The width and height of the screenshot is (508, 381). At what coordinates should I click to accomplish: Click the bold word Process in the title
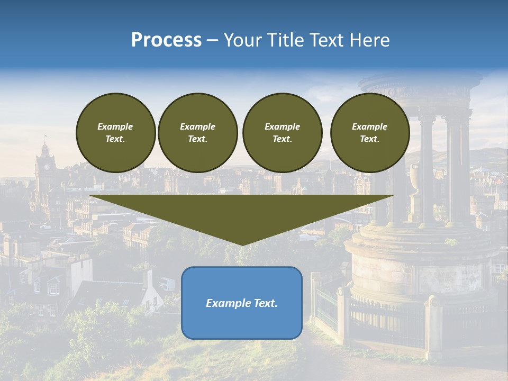(x=166, y=40)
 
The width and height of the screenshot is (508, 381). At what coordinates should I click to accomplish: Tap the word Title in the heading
(x=285, y=40)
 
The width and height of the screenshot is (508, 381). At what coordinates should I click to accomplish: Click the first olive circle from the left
(x=116, y=133)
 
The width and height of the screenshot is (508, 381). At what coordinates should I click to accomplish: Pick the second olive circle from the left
(x=198, y=133)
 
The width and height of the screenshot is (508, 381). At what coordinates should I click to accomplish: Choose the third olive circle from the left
(x=282, y=133)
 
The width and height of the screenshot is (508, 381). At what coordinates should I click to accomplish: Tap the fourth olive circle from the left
(x=370, y=133)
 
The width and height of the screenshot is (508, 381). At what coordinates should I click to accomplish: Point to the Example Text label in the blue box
(x=242, y=303)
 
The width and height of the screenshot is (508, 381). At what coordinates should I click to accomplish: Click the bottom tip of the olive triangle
(x=242, y=244)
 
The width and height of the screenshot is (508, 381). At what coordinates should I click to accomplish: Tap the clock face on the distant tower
(x=47, y=166)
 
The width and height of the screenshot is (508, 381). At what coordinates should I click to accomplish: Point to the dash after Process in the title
(x=212, y=41)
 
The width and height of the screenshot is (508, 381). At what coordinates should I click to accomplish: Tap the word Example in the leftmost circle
(x=115, y=126)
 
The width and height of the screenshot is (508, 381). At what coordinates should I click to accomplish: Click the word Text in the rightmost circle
(x=369, y=139)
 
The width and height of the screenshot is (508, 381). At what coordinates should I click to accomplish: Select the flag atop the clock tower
(x=45, y=136)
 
